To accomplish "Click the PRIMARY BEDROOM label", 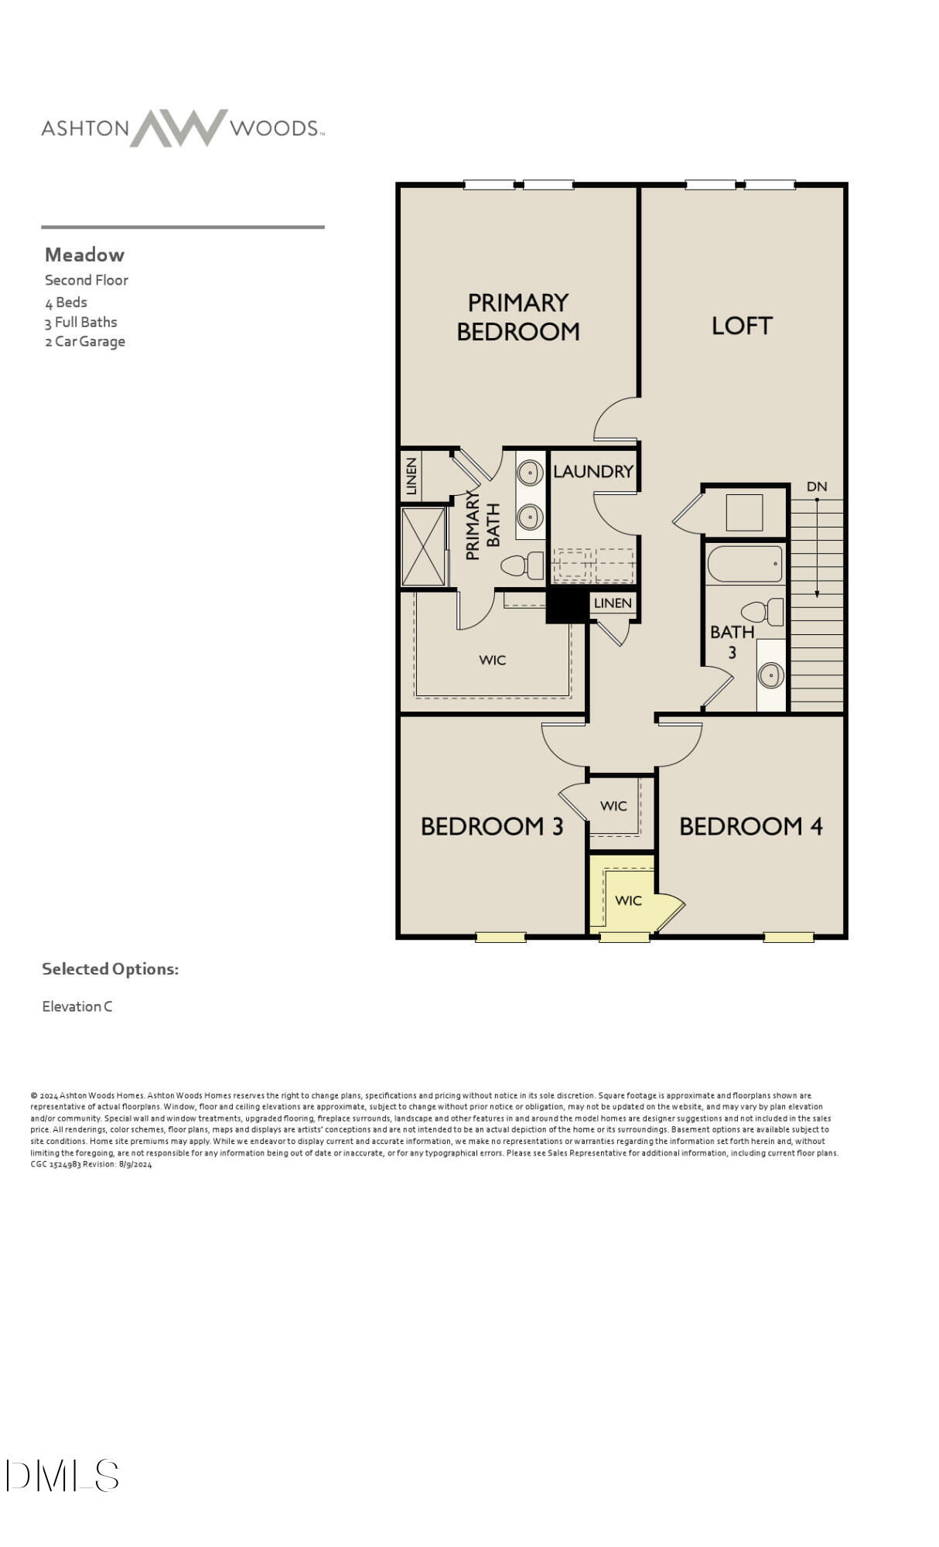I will coord(517,316).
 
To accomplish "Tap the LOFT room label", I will coord(741,326).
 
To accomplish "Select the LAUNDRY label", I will coord(592,471).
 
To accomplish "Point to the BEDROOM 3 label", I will coord(491,826).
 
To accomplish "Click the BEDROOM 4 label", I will coord(750,826).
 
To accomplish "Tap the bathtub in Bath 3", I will coord(745,564).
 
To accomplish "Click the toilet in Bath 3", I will coord(763,612).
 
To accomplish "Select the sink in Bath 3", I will coord(770,675).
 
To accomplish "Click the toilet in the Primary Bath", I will coord(523,565).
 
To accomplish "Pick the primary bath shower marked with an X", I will coord(423,546).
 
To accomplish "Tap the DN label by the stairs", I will coord(816,487).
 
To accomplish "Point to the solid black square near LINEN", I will coord(567,606).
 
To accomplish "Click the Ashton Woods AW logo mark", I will coord(179,128).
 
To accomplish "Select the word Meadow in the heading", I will coord(84,254).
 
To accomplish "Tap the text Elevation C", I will coord(77,1006).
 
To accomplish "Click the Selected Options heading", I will coord(110,968).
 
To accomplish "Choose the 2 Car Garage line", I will coord(84,341).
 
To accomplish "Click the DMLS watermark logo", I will coord(62,1475).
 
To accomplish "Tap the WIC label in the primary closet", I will coord(492,660).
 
